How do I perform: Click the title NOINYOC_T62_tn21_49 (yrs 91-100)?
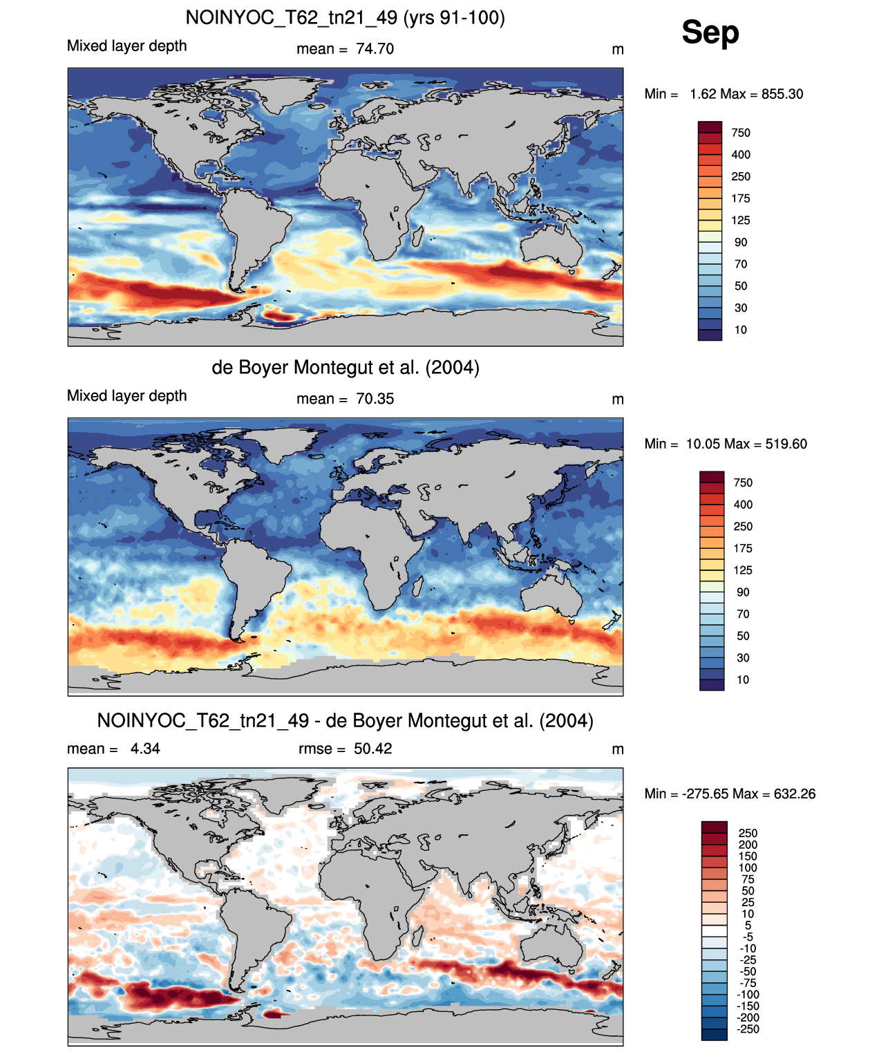tap(345, 18)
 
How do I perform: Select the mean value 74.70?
tap(375, 49)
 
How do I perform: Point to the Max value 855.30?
tap(782, 94)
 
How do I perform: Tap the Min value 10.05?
tap(703, 444)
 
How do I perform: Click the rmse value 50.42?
tap(372, 749)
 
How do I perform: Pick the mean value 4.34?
tap(145, 749)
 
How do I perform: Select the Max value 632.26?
tap(795, 794)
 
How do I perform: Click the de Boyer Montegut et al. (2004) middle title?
tap(346, 367)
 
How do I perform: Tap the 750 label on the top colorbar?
tap(740, 133)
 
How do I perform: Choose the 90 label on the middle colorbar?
tap(743, 592)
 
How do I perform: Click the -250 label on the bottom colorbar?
tap(748, 1029)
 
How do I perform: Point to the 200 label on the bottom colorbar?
tap(747, 845)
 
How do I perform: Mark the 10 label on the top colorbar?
tap(740, 330)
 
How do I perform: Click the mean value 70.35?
tap(375, 399)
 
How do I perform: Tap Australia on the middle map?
tap(552, 595)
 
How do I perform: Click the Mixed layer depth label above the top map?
tap(127, 46)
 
